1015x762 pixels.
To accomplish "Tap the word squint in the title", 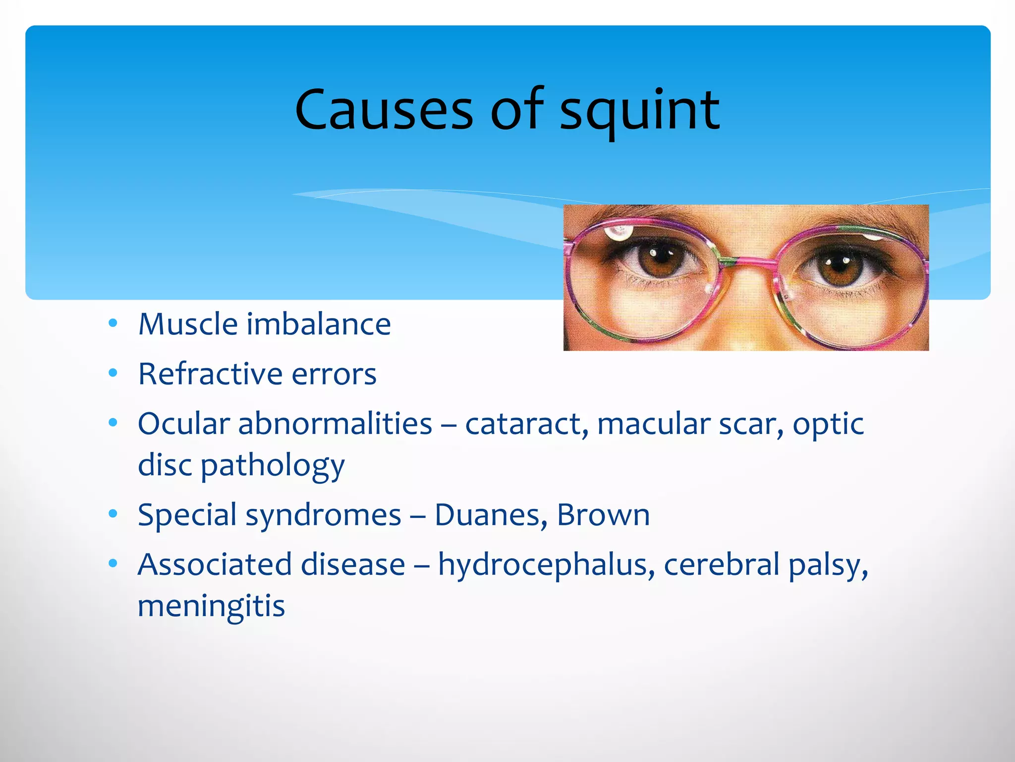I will point(639,112).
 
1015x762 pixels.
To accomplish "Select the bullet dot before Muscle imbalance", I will point(113,323).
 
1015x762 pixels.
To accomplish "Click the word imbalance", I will point(319,324).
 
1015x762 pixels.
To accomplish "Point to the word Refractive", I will point(211,374).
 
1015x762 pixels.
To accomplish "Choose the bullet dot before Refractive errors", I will point(113,373).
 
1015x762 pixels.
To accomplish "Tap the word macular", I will point(654,425).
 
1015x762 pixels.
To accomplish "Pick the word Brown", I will point(603,515).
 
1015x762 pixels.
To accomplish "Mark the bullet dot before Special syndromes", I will point(113,514).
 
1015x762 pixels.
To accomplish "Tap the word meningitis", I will point(211,607).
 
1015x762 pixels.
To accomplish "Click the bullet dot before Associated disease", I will point(113,564).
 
